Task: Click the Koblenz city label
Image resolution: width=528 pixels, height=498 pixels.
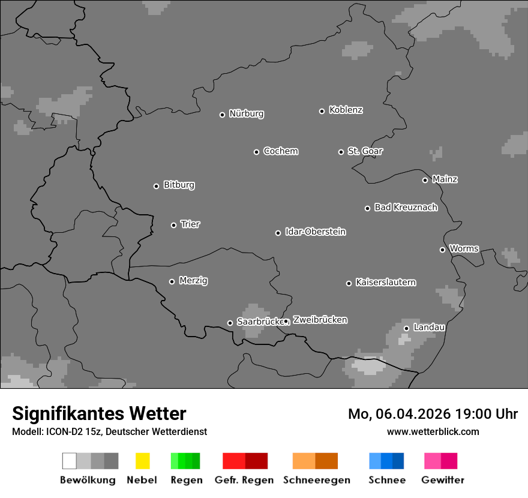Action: pyautogui.click(x=346, y=110)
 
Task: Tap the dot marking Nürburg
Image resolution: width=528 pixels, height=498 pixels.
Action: pyautogui.click(x=222, y=115)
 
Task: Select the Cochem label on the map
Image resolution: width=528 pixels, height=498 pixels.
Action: pyautogui.click(x=281, y=151)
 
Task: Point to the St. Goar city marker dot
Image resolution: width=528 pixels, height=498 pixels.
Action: pyautogui.click(x=341, y=152)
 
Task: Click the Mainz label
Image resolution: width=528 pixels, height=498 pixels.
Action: pyautogui.click(x=445, y=179)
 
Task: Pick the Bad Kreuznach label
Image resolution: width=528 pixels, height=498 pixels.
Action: pyautogui.click(x=406, y=208)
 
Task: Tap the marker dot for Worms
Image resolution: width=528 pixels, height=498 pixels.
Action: pyautogui.click(x=442, y=250)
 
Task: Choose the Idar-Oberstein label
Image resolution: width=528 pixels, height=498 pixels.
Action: pyautogui.click(x=316, y=232)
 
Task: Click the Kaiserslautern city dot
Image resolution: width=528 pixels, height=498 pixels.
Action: pyautogui.click(x=349, y=283)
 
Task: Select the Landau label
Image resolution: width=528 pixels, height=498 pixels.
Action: pyautogui.click(x=429, y=328)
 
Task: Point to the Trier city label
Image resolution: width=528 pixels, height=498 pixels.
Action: pyautogui.click(x=190, y=224)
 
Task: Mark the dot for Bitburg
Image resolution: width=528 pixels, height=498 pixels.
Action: pyautogui.click(x=156, y=186)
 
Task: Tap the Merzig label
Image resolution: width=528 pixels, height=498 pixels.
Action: pyautogui.click(x=193, y=281)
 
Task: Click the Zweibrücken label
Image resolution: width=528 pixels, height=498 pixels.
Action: pyautogui.click(x=320, y=320)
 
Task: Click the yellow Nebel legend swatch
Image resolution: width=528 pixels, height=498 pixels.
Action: pyautogui.click(x=142, y=461)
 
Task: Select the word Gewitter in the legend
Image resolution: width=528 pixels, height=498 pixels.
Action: pyautogui.click(x=443, y=480)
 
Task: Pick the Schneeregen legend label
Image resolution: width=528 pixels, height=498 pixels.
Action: pyautogui.click(x=317, y=480)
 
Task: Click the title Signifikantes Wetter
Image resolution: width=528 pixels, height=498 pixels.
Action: pyautogui.click(x=99, y=413)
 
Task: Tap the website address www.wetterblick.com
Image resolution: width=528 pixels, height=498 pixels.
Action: pyautogui.click(x=433, y=431)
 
